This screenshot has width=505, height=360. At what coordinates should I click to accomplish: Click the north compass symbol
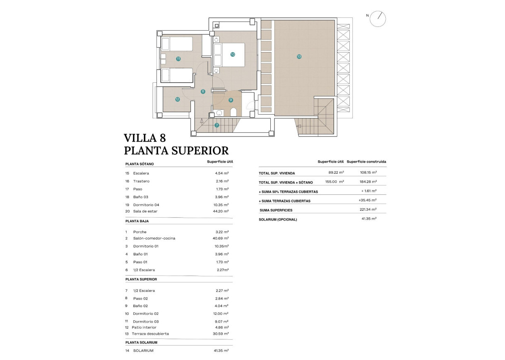pyautogui.click(x=378, y=19)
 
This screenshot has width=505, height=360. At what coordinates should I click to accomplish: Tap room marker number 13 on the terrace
pyautogui.click(x=299, y=57)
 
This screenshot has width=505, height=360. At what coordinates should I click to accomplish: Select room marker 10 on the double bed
pyautogui.click(x=233, y=54)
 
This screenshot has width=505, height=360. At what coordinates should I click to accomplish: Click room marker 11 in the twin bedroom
pyautogui.click(x=178, y=59)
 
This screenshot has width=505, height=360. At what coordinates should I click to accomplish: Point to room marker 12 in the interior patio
pyautogui.click(x=177, y=99)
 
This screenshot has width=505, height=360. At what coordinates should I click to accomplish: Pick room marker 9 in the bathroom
pyautogui.click(x=231, y=100)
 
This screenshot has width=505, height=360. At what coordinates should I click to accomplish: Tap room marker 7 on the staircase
pyautogui.click(x=216, y=125)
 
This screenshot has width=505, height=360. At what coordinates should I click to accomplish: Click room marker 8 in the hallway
pyautogui.click(x=203, y=92)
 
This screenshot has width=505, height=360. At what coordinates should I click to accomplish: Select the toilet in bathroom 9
pyautogui.click(x=233, y=112)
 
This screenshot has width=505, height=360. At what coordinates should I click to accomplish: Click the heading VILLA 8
pyautogui.click(x=145, y=138)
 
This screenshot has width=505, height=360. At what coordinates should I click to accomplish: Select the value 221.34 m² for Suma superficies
pyautogui.click(x=368, y=210)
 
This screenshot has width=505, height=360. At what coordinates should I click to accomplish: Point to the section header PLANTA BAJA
pyautogui.click(x=137, y=222)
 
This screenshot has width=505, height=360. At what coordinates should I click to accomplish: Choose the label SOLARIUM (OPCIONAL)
pyautogui.click(x=278, y=219)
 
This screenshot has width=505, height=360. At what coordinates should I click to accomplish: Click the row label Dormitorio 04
pyautogui.click(x=146, y=205)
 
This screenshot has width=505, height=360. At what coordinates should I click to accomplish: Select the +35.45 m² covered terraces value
pyautogui.click(x=367, y=200)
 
